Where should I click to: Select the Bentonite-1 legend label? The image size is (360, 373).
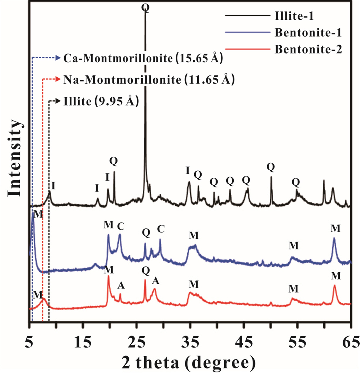(x=308, y=32)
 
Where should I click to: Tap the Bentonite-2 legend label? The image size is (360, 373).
(x=308, y=49)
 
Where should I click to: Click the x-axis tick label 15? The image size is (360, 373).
(x=83, y=342)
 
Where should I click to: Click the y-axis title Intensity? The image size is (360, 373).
(x=15, y=158)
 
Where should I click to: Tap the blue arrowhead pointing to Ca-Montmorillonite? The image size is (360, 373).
(x=58, y=58)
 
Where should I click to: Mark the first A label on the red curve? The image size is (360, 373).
(x=121, y=285)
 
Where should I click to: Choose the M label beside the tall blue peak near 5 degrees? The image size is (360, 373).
(x=38, y=214)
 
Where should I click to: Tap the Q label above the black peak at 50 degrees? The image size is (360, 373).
(x=271, y=167)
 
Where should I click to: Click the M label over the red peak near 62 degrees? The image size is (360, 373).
(x=336, y=276)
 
